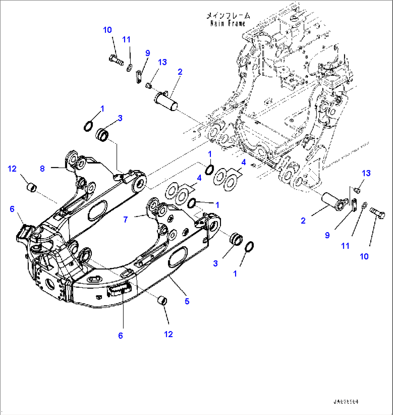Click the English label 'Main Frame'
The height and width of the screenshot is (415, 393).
(x=228, y=23)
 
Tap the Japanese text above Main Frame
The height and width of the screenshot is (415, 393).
(x=228, y=16)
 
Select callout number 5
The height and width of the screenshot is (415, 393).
(x=187, y=301)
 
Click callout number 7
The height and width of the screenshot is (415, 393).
(x=125, y=219)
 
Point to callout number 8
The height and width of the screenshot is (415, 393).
(x=42, y=168)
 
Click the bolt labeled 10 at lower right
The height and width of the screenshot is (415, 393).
(x=377, y=215)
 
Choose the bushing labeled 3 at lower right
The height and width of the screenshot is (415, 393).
(x=236, y=239)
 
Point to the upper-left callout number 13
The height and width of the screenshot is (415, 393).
(x=162, y=62)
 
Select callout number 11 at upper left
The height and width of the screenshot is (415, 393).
(x=126, y=40)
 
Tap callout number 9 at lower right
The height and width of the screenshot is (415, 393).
(x=327, y=235)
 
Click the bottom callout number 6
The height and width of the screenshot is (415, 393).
(x=120, y=336)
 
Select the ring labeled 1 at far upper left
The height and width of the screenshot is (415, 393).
(x=88, y=126)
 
